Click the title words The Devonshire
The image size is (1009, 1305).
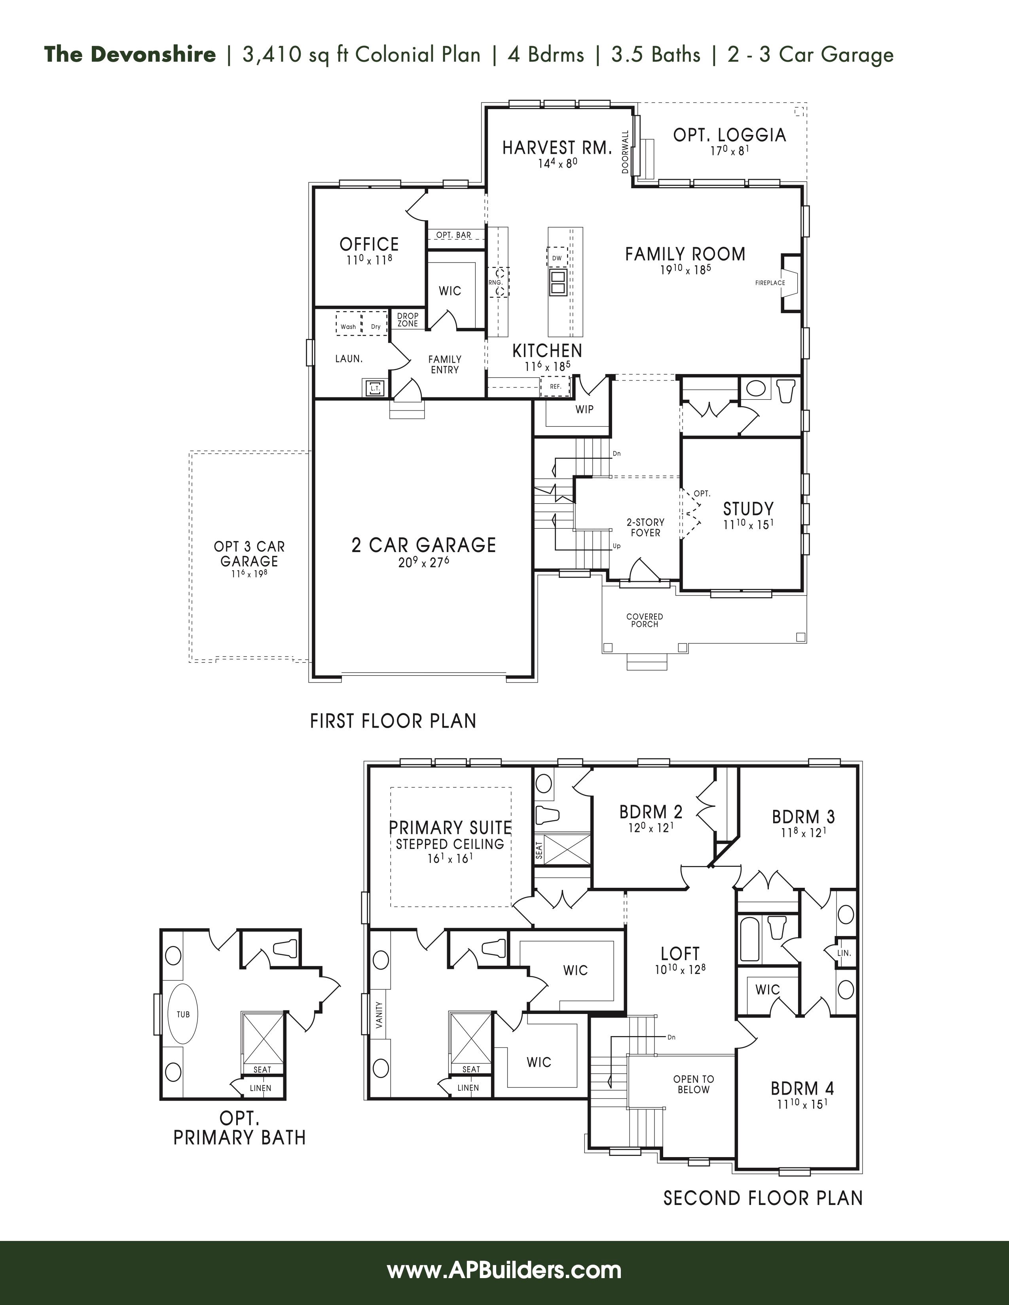coord(130,55)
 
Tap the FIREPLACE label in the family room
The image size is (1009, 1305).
coord(770,283)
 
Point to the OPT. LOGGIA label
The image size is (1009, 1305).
coord(729,135)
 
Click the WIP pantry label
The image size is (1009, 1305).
coord(584,409)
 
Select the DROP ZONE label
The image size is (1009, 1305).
coord(408,320)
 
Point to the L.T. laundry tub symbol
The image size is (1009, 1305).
coord(375,388)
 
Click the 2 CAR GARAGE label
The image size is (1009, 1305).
coord(424,545)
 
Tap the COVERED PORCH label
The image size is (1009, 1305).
coord(644,620)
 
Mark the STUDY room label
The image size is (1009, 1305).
coord(748,509)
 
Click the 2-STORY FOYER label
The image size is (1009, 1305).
coord(646,528)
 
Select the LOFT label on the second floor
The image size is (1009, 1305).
coord(680,954)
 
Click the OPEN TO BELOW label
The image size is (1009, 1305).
coord(693,1084)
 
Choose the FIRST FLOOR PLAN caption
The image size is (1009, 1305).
coord(393,721)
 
